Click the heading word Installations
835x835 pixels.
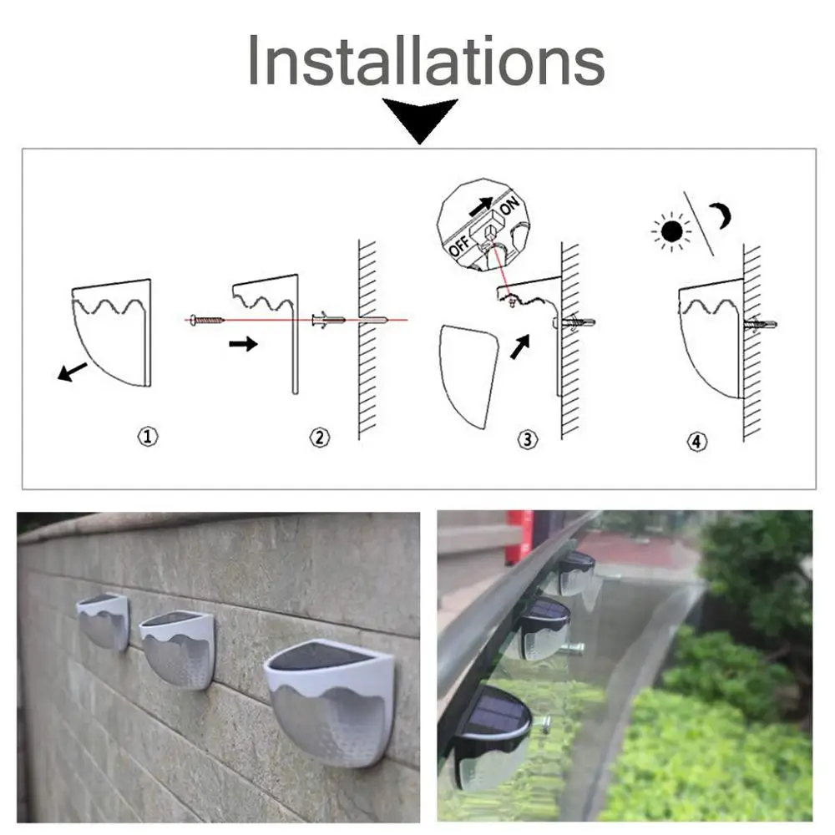point(426,60)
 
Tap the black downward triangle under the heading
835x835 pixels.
point(420,119)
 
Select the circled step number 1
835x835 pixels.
point(148,437)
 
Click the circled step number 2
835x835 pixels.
point(320,438)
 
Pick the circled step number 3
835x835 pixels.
point(528,439)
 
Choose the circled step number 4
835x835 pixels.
point(697,442)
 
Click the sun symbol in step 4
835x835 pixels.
point(671,231)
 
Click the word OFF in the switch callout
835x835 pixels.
point(459,245)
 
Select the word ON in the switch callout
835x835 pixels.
point(509,205)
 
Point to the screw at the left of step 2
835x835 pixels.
point(206,320)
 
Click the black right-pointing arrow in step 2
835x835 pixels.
point(243,343)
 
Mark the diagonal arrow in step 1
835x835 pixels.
point(72,372)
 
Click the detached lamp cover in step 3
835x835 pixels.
point(468,376)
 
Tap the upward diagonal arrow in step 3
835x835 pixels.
point(520,347)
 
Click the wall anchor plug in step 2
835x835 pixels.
point(328,320)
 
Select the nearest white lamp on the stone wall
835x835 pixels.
point(331,703)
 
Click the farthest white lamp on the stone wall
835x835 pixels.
point(104,621)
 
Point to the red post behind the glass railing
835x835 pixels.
point(519,537)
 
